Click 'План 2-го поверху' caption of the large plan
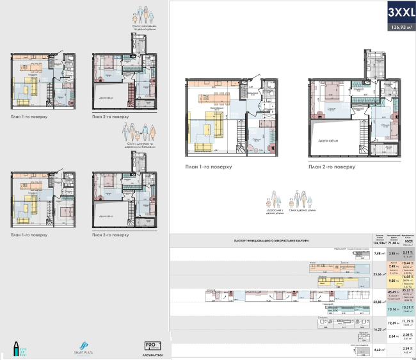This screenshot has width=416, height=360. [331, 167]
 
